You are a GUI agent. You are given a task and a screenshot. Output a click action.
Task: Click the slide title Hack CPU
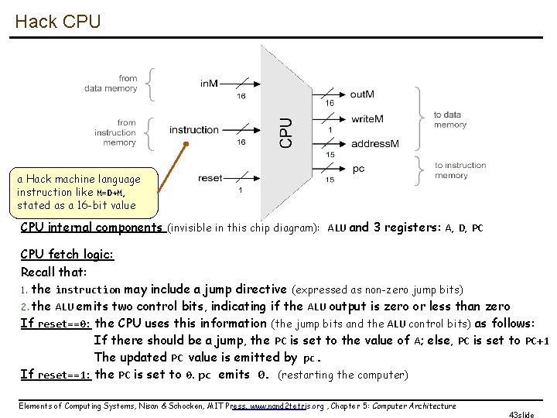57,22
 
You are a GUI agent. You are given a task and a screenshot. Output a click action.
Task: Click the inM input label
209,84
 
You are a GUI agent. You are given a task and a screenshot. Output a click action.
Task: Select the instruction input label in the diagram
193,130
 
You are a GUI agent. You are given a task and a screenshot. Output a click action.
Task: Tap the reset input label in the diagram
210,177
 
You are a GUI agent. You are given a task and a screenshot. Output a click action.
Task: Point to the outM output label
362,94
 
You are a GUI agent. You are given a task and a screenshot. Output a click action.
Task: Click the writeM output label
367,119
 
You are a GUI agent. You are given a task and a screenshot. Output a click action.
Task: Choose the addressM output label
375,144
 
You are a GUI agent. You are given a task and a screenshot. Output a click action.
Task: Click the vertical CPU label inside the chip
286,132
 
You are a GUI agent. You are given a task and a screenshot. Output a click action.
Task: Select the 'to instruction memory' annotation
460,170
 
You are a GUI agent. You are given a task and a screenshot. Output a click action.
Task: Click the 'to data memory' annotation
449,119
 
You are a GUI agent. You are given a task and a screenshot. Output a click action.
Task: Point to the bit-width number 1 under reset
240,190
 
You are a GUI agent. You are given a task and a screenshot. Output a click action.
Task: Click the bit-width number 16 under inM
241,96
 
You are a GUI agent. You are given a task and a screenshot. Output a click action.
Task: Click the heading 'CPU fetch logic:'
67,255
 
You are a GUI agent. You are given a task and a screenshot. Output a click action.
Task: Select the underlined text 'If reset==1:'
56,375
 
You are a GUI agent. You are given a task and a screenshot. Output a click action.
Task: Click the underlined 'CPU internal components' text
91,228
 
